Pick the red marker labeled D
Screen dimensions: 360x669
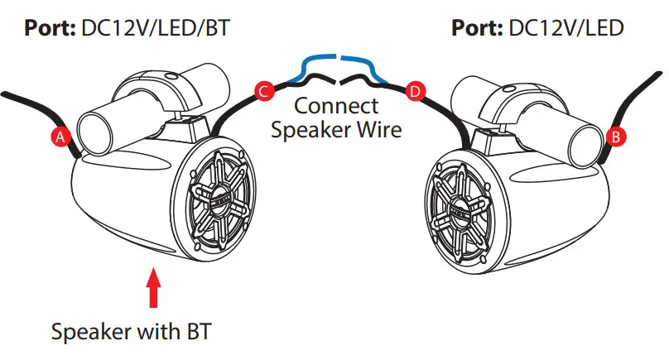coord(414,89)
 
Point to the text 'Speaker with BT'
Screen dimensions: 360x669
coord(131,333)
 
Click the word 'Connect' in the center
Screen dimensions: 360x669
coord(336,106)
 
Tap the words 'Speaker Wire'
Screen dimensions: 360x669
coord(336,130)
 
